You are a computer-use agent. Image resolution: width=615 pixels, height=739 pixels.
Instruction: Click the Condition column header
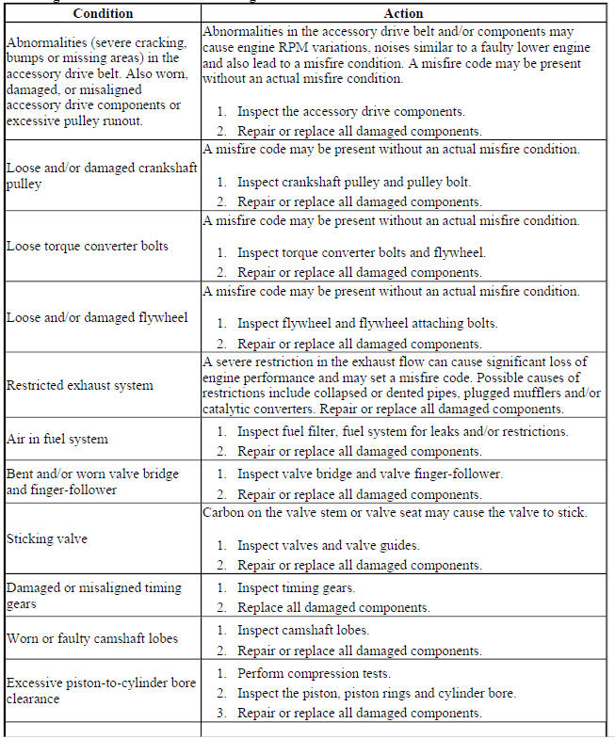point(102,14)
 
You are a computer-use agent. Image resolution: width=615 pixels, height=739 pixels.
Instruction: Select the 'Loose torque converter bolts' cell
point(88,246)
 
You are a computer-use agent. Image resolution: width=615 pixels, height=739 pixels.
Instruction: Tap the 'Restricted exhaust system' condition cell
point(79,385)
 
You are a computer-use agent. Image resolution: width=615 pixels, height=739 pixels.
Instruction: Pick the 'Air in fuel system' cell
point(57,439)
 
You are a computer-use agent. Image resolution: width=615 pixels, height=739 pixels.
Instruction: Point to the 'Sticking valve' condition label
point(46,538)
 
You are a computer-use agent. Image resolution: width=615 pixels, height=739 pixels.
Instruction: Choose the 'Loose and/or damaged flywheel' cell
point(96,317)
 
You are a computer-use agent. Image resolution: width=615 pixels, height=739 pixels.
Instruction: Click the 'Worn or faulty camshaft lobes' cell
point(92,638)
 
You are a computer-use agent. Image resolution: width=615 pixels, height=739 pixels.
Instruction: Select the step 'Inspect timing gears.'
point(297,587)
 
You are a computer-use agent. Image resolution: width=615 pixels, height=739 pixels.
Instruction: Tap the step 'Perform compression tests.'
point(314,674)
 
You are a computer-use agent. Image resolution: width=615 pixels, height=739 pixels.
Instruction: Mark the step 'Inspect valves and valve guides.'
point(328,545)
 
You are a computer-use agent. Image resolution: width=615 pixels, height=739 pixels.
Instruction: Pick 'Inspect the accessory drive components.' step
point(350,111)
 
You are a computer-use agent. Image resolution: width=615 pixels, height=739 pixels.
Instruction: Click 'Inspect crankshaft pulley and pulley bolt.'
point(353,182)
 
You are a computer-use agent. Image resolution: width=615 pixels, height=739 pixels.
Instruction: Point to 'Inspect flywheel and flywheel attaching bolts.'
point(366,323)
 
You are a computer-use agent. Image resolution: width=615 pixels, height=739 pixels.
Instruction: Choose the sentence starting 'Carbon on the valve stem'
point(395,512)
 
